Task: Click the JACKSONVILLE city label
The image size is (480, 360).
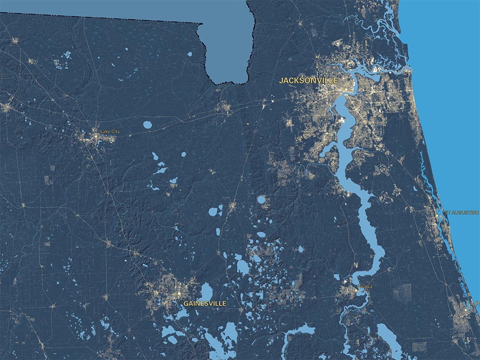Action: (x=308, y=81)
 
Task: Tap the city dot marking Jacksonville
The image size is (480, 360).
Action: (x=346, y=90)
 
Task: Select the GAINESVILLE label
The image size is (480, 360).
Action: (x=205, y=304)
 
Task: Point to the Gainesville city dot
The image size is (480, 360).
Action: (x=179, y=293)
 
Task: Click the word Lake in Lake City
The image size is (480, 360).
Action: (x=105, y=132)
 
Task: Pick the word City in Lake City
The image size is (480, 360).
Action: (x=115, y=132)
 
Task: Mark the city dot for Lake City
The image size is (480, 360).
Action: (x=96, y=136)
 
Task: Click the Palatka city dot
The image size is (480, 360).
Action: (x=357, y=291)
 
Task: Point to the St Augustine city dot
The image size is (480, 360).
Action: (x=437, y=215)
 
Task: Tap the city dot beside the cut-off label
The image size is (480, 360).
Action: (x=465, y=310)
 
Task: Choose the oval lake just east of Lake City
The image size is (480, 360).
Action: (x=148, y=125)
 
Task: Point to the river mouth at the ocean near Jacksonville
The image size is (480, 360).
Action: (x=409, y=70)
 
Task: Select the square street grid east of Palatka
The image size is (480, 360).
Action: (x=402, y=292)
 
